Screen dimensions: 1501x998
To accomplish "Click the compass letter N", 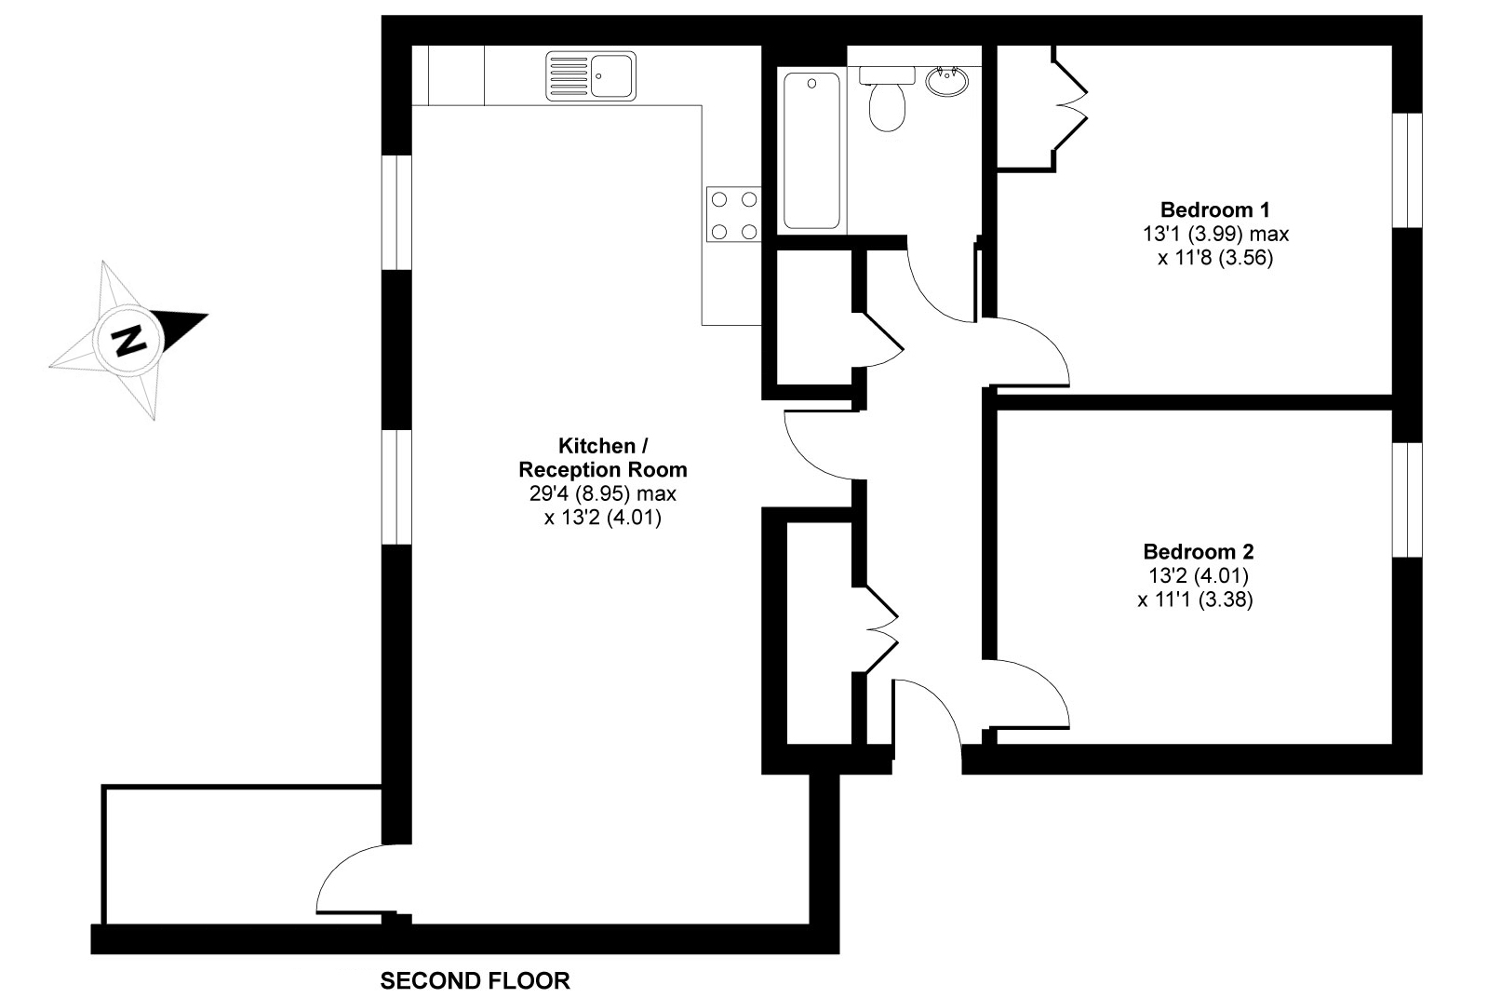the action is pyautogui.click(x=130, y=341).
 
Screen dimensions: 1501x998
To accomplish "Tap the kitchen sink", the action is pyautogui.click(x=590, y=75).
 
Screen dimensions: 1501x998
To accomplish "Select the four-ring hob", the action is pyautogui.click(x=733, y=214).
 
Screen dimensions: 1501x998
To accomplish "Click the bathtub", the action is pyautogui.click(x=811, y=150).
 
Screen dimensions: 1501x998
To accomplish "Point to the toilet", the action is pyautogui.click(x=887, y=98).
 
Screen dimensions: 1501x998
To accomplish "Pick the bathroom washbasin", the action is pyautogui.click(x=947, y=81).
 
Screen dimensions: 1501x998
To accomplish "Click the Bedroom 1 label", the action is pyautogui.click(x=1215, y=209).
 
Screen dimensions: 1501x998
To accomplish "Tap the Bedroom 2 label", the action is pyautogui.click(x=1199, y=552).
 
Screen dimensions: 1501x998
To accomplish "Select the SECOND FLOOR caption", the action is pyautogui.click(x=476, y=980).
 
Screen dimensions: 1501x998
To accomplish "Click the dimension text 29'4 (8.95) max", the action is pyautogui.click(x=602, y=494).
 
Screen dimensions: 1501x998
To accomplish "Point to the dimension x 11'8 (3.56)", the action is pyautogui.click(x=1215, y=258).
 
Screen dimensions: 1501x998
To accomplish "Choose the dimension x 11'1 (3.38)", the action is pyautogui.click(x=1196, y=600).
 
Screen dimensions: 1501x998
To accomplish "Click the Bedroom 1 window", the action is pyautogui.click(x=1407, y=170).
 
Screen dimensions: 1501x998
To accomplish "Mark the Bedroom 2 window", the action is pyautogui.click(x=1407, y=500).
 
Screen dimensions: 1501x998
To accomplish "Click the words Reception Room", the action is pyautogui.click(x=603, y=470).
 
